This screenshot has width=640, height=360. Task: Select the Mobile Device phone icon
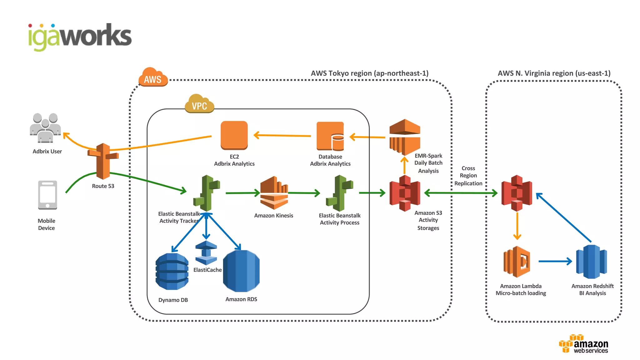(x=47, y=195)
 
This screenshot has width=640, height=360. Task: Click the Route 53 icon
(x=103, y=161)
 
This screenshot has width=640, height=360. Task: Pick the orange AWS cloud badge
(x=153, y=77)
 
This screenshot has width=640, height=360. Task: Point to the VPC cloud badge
(x=199, y=104)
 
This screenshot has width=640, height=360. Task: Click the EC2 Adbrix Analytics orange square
(x=234, y=135)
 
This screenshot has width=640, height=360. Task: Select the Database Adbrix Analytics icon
(x=330, y=136)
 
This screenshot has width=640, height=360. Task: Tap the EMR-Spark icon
(x=405, y=137)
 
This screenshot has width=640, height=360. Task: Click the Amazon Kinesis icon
(x=274, y=193)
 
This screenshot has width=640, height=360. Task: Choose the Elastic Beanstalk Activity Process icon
(x=339, y=193)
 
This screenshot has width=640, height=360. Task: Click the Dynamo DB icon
(x=172, y=271)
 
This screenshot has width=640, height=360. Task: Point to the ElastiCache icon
(x=206, y=253)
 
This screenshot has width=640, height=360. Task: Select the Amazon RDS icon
(x=241, y=271)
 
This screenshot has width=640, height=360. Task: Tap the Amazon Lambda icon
(x=517, y=262)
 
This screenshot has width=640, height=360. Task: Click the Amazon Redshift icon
(x=591, y=262)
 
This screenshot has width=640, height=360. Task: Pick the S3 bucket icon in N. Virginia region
(x=517, y=193)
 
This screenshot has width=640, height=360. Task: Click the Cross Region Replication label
(x=468, y=176)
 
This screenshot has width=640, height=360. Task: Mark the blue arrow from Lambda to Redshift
(x=555, y=261)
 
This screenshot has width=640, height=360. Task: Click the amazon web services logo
(x=584, y=344)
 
